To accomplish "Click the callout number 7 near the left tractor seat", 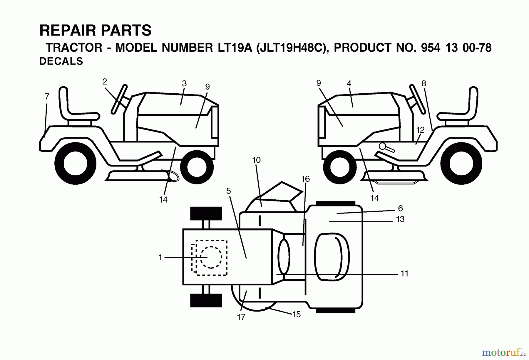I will pos(47,96).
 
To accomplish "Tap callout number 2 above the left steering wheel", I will pos(105,82).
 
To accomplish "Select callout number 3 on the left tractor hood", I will pos(184,83).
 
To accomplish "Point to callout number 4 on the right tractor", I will pos(349,83).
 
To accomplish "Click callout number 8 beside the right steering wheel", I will pos(423,83).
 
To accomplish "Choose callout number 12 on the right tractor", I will pos(420,130).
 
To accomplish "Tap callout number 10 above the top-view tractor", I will pos(256,160).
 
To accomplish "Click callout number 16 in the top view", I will pos(306,179).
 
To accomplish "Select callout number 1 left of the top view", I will pos(160,258).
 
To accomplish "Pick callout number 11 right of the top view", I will pos(404,274).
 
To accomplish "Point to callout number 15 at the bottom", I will pos(297,314).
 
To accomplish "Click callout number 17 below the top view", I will pos(241,317).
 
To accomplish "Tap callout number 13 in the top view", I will pos(400,219).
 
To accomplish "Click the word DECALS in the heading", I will pos(61,61).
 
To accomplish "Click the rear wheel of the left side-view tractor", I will pos(76,164).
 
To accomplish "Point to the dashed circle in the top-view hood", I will pos(211,257).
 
